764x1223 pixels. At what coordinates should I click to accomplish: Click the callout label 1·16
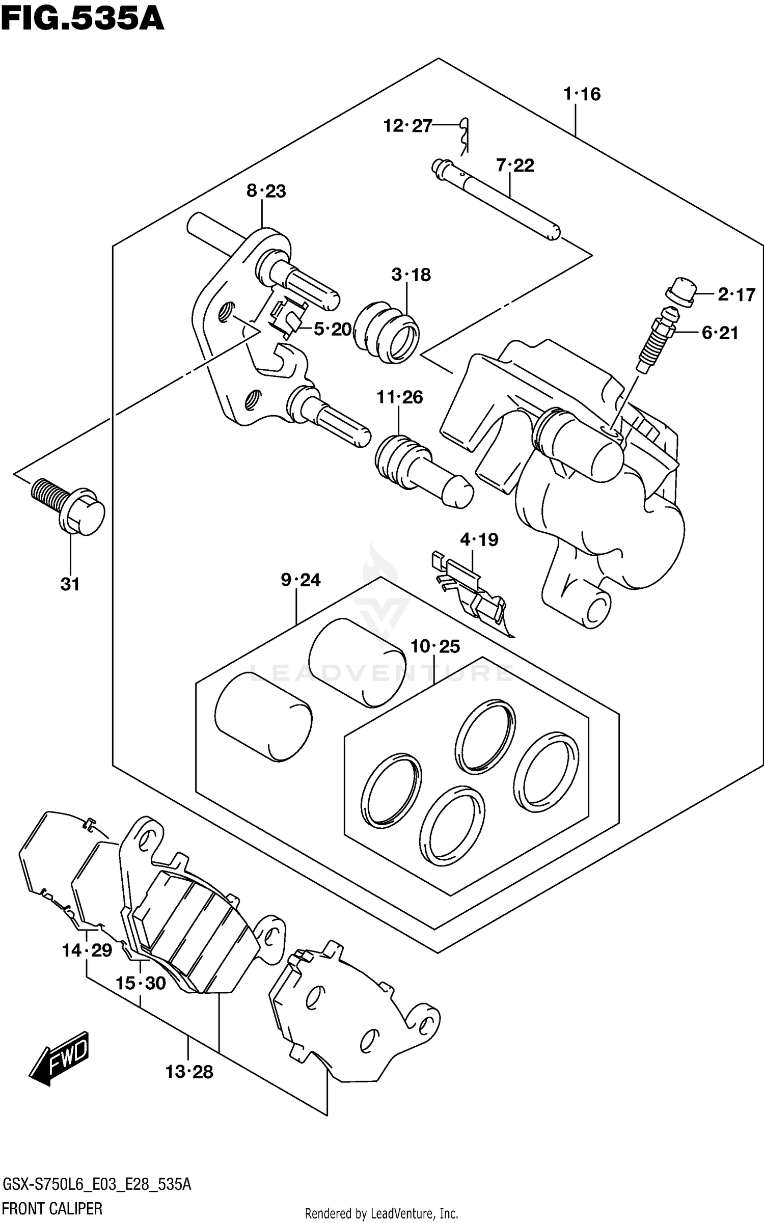tap(582, 94)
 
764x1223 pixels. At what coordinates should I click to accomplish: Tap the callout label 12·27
tap(407, 125)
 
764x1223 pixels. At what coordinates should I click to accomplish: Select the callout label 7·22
tap(515, 166)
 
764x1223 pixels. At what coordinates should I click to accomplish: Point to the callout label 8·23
tap(266, 192)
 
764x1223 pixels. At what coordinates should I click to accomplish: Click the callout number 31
tap(70, 584)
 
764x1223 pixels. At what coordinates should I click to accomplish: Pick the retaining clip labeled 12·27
tap(465, 135)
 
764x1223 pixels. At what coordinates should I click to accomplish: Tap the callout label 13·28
tap(189, 1072)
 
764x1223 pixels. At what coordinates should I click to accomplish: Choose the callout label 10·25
tap(435, 647)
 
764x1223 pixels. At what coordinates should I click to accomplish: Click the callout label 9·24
tap(301, 580)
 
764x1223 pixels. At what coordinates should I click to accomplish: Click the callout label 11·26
tap(399, 397)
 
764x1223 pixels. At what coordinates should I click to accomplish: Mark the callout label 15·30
tap(141, 983)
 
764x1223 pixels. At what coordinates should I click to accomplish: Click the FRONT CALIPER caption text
tap(52, 1208)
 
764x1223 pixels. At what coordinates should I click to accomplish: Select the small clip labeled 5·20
tap(288, 318)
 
